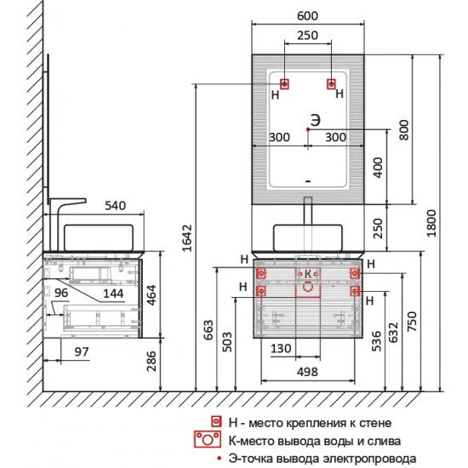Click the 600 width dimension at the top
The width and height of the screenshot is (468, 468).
307,16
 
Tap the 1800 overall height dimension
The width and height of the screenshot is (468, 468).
431,223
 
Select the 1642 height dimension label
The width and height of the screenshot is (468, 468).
187,238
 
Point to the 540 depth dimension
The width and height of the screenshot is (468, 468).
115,206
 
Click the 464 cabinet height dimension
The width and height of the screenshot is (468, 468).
151,295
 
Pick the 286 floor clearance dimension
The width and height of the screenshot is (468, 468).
151,361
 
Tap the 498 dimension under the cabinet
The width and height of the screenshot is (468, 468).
307,372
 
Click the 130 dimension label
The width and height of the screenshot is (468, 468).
281,348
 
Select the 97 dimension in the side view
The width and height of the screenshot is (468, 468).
82,352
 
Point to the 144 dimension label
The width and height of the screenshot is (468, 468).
113,294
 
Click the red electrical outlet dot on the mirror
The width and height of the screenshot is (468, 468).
308,129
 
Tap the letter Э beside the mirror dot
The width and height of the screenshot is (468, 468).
316,120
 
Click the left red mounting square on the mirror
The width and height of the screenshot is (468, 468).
284,84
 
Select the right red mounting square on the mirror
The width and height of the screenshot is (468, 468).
331,84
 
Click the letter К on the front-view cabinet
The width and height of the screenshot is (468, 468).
308,274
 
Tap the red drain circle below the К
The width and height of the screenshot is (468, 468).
308,287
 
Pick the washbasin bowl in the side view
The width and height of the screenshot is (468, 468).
99,238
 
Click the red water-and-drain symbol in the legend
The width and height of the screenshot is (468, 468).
208,439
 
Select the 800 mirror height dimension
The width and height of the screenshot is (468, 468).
404,129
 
